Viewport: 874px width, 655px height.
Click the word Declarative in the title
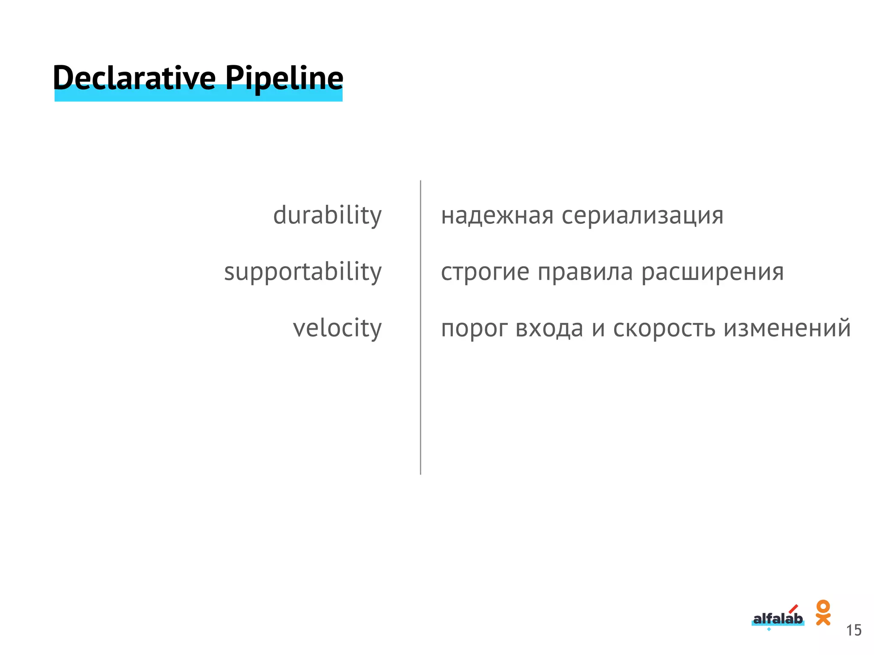pyautogui.click(x=134, y=78)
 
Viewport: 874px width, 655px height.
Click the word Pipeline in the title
pyautogui.click(x=284, y=78)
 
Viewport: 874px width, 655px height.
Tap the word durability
pyautogui.click(x=327, y=215)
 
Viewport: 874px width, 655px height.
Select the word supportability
pyautogui.click(x=303, y=272)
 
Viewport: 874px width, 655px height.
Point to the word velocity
pyautogui.click(x=337, y=328)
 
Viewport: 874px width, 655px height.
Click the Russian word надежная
pyautogui.click(x=497, y=215)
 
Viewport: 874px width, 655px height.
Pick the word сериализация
pyautogui.click(x=642, y=215)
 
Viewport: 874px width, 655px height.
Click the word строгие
pyautogui.click(x=485, y=272)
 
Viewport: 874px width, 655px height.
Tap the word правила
pyautogui.click(x=585, y=272)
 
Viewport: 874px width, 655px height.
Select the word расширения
pyautogui.click(x=712, y=272)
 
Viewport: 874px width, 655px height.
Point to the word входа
pyautogui.click(x=549, y=328)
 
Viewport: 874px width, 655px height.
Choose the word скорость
pyautogui.click(x=664, y=328)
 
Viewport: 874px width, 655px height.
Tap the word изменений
pyautogui.click(x=787, y=328)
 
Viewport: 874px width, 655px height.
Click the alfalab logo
pyautogui.click(x=778, y=619)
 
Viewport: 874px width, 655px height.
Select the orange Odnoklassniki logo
pyautogui.click(x=823, y=612)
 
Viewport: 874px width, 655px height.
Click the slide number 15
pyautogui.click(x=854, y=630)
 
